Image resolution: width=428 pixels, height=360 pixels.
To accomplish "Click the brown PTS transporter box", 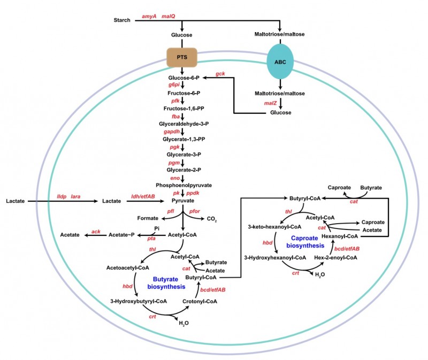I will coord(182,57).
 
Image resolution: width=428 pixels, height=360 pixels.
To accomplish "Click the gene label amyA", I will coord(149,17).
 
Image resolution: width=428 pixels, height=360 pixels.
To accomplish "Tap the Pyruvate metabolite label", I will coord(182,201).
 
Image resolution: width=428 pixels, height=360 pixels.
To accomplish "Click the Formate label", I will coord(148,218).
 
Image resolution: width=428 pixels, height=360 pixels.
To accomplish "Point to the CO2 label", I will coord(212,219).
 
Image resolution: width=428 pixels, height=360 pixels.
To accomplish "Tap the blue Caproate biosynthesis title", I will coord(308,242).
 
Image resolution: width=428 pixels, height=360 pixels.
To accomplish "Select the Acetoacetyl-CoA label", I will coord(124,267).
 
